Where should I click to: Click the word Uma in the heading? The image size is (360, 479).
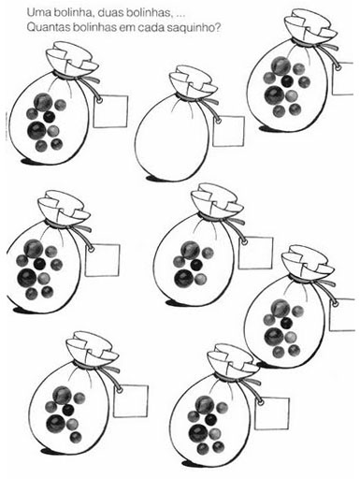[36, 13]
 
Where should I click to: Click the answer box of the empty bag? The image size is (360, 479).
[228, 131]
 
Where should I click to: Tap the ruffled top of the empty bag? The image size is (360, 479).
[193, 81]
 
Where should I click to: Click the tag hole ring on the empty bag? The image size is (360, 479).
[218, 120]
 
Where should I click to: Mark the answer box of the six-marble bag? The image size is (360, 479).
[255, 253]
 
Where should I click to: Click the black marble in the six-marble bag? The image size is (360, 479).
[195, 265]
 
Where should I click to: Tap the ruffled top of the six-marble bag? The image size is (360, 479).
[216, 199]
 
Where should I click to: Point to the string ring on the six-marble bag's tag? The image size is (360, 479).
[245, 242]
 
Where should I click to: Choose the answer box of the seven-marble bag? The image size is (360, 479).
[131, 401]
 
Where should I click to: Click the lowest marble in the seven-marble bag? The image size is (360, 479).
[76, 437]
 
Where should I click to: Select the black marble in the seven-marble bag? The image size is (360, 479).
[67, 409]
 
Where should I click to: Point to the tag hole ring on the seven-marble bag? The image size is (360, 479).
[120, 390]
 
